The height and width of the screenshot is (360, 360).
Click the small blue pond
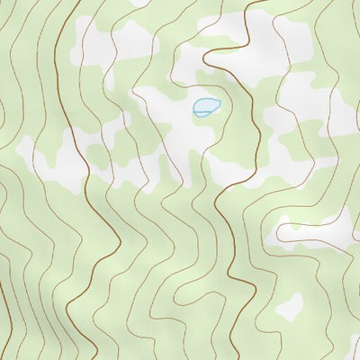tap(206, 108)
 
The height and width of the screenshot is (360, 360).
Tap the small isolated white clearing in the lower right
tap(289, 307)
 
